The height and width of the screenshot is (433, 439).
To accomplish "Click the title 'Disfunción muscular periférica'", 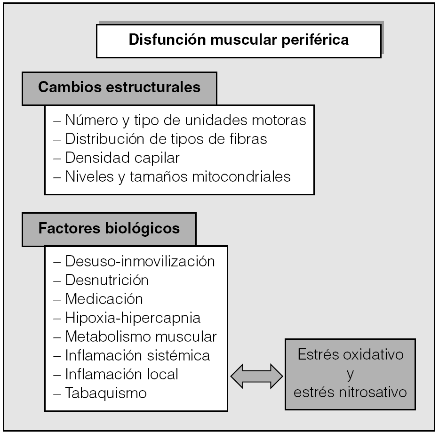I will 239,40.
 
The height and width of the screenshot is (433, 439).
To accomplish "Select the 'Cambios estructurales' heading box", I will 119,88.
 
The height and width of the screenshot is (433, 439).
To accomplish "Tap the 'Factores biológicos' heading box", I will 109,228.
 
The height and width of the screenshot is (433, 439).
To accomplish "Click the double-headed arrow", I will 256,376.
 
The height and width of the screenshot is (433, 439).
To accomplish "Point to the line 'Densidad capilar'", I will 122,158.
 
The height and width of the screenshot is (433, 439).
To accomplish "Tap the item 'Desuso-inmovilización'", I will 140,261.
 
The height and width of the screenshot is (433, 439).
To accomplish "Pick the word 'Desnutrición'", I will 107,280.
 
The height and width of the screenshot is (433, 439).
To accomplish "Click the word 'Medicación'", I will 104,299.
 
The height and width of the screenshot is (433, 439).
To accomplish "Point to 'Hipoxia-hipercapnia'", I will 133,318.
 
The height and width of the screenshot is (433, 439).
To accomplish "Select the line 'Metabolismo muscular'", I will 141,337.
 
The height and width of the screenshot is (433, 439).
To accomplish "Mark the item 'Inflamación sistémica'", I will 137,355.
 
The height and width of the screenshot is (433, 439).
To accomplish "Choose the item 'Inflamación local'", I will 121,374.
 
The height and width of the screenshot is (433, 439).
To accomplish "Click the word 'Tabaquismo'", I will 106,393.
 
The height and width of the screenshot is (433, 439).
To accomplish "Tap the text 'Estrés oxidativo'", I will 351,354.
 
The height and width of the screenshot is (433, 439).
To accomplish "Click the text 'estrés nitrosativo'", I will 351,392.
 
